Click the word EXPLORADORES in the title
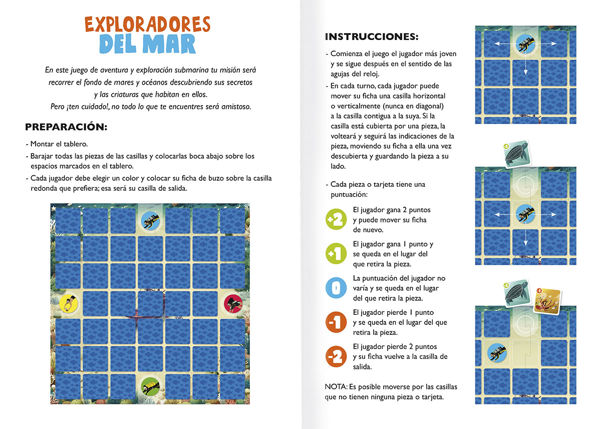[x=147, y=24]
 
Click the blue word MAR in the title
[x=169, y=44]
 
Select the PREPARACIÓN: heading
[x=66, y=127]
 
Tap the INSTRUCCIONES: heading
[x=372, y=37]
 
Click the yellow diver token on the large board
[x=69, y=303]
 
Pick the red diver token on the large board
[x=233, y=303]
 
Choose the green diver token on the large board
[x=150, y=386]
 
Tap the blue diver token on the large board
[x=150, y=221]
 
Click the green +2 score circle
[x=336, y=219]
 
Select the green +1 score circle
[x=336, y=253]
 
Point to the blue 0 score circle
[x=336, y=288]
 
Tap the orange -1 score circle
[x=336, y=322]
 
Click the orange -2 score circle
[x=336, y=356]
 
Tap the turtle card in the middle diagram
[x=517, y=154]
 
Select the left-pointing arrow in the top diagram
[x=505, y=44]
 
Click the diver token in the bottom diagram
[x=497, y=353]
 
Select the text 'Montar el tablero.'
[x=59, y=144]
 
